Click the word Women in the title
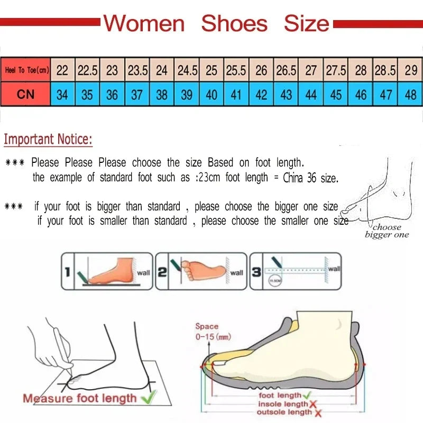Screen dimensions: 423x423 pos(144,23)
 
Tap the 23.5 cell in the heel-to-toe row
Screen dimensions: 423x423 pos(137,70)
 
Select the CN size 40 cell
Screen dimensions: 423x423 pos(212,95)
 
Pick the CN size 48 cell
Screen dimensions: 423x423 pos(410,95)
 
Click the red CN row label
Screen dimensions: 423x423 pos(25,95)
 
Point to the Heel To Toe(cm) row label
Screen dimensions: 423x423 pos(26,70)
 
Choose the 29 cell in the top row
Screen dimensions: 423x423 pos(410,70)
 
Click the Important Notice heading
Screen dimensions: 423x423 pos(48,140)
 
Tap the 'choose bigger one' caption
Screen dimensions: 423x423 pos(387,231)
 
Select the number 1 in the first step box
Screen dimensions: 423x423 pos(67,272)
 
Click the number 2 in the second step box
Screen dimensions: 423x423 pos(162,272)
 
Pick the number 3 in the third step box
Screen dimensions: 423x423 pos(255,272)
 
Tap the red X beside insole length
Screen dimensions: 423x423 pos(313,404)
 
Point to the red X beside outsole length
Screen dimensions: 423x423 pos(318,412)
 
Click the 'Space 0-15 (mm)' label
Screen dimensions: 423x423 pos(213,332)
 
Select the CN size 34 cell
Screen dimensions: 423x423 pos(62,95)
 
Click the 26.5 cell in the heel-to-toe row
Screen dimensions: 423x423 pos(286,70)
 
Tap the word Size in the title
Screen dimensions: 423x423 pos(306,23)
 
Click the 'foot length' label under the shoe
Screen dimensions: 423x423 pos(280,396)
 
